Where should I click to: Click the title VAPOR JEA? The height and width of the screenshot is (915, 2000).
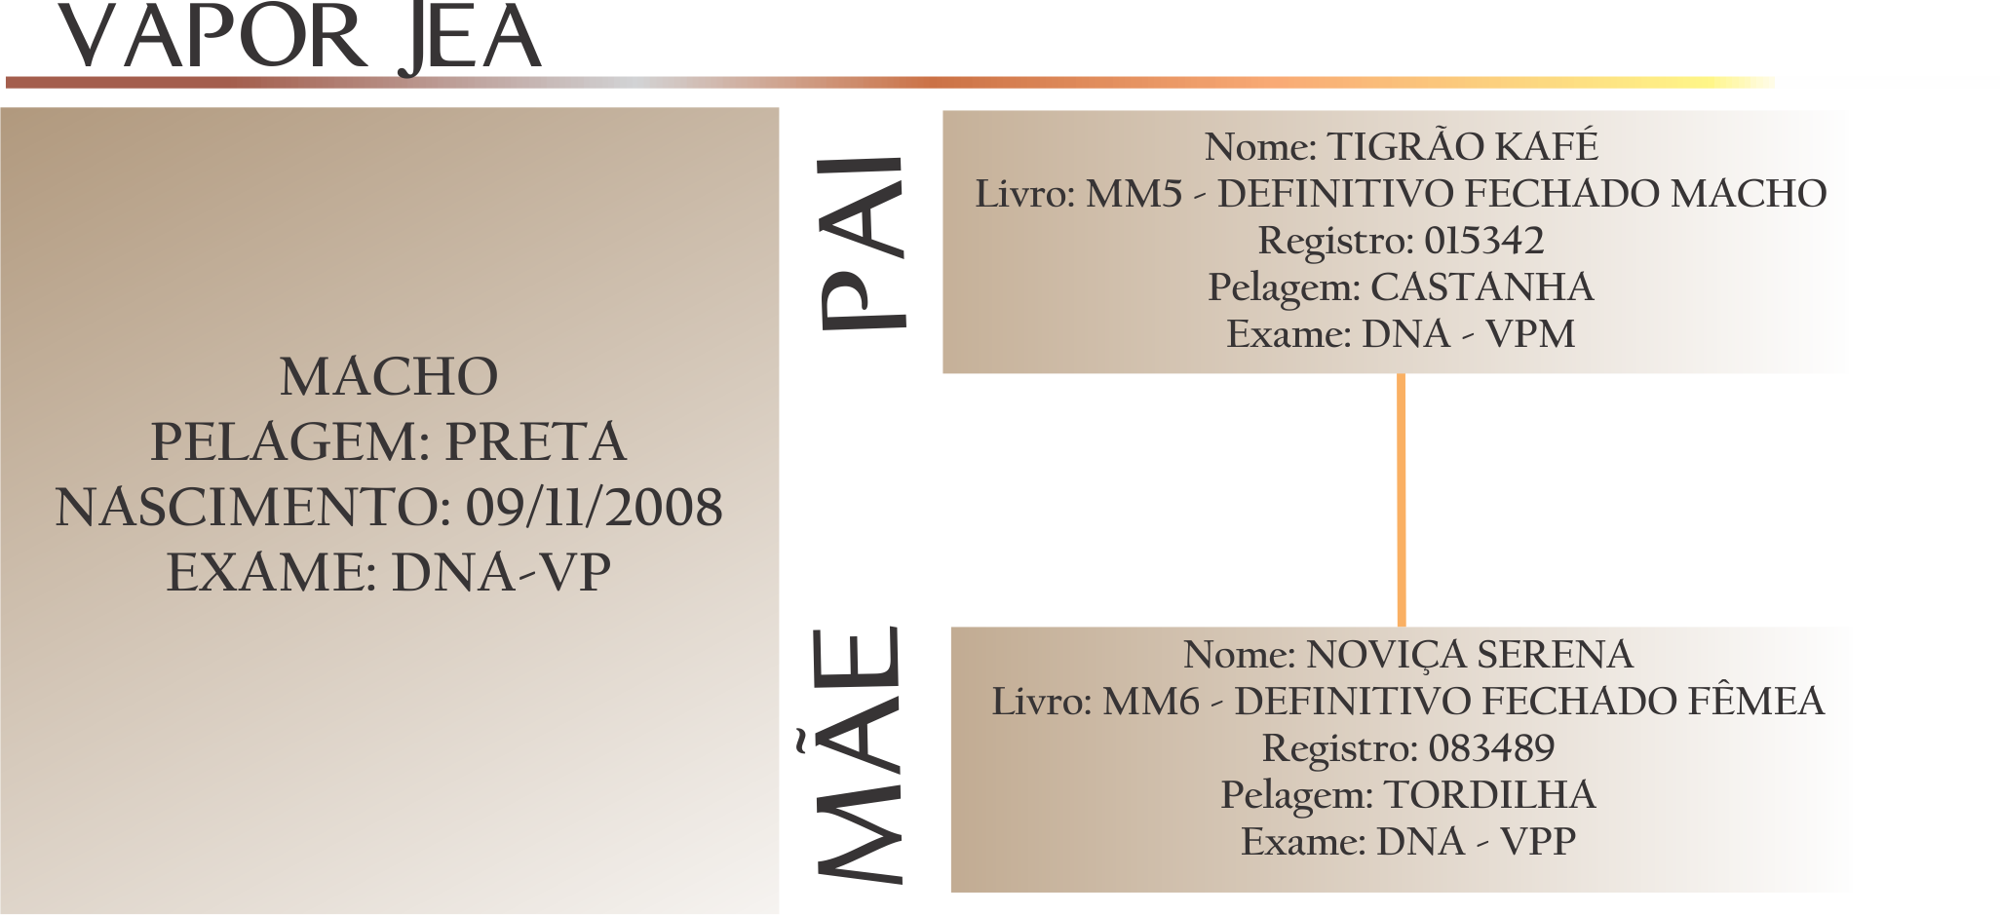[299, 39]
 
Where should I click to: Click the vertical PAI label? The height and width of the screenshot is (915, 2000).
[863, 243]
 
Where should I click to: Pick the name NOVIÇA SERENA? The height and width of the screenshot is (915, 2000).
[1469, 655]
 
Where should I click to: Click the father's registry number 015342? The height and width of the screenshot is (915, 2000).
[1483, 241]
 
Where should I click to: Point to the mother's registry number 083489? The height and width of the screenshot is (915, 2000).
[1491, 748]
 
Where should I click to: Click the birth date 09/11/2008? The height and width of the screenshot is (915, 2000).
[594, 508]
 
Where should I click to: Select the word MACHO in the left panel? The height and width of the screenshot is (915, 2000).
[389, 377]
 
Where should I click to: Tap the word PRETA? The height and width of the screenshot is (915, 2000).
[535, 442]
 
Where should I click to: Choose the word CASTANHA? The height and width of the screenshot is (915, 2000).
[1481, 287]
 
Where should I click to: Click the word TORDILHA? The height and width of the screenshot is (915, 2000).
[1489, 795]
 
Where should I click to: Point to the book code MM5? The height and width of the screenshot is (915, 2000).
[1134, 194]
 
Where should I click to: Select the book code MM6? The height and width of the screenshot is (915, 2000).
[1150, 702]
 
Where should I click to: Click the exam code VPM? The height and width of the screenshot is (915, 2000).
[1529, 334]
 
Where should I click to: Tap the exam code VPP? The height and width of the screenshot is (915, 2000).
[1537, 842]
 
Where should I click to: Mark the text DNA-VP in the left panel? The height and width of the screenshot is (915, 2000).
[500, 572]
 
